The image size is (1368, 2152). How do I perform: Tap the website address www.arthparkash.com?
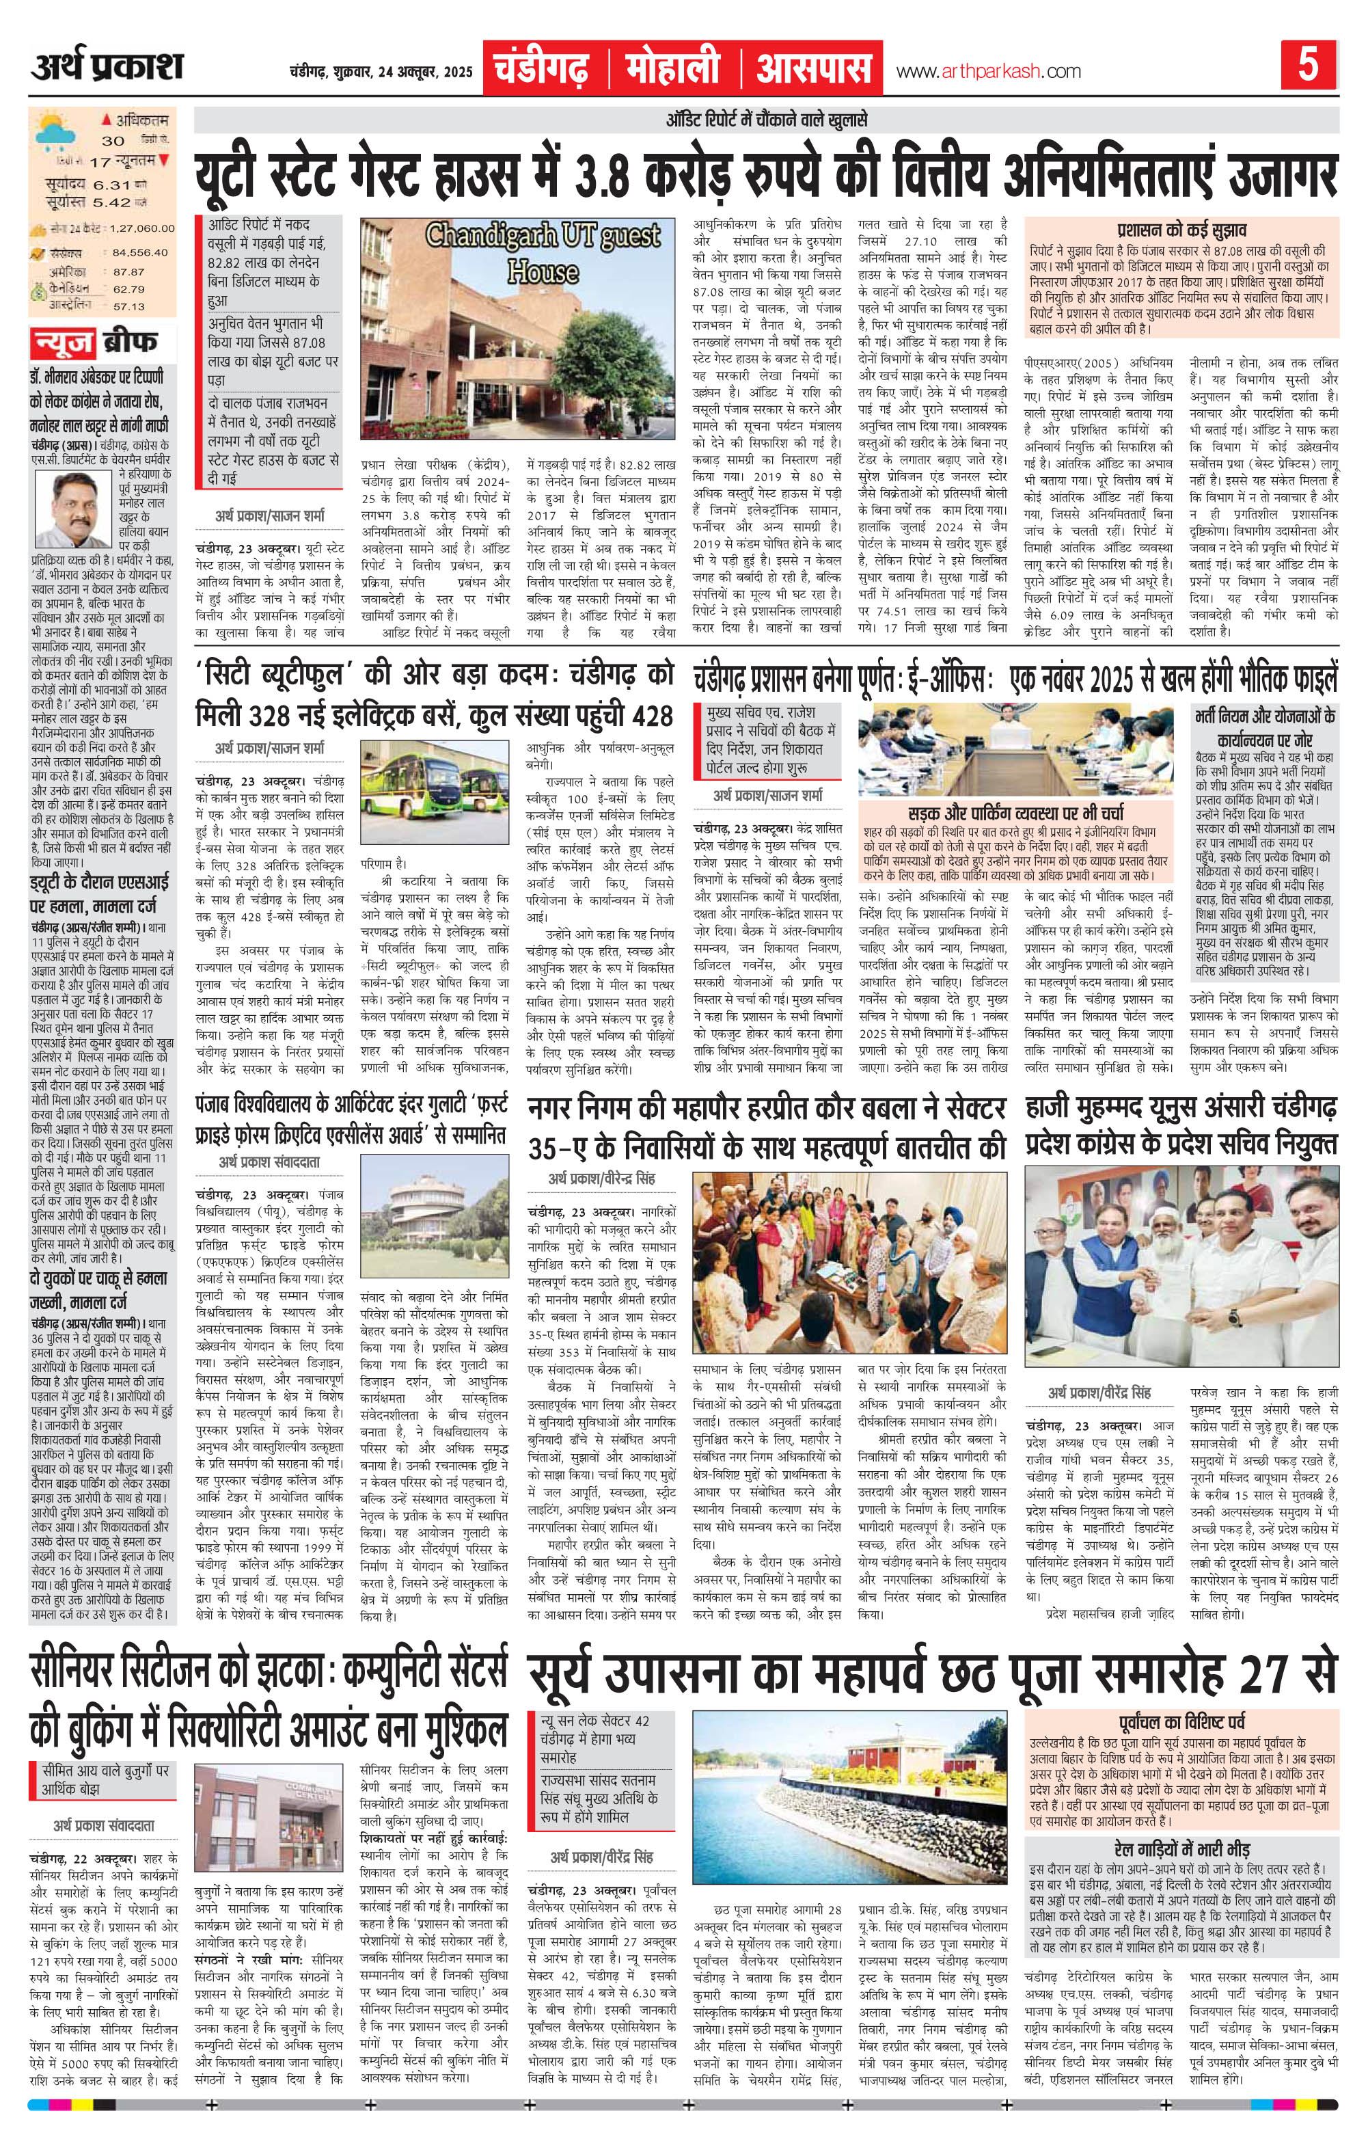[x=987, y=72]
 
